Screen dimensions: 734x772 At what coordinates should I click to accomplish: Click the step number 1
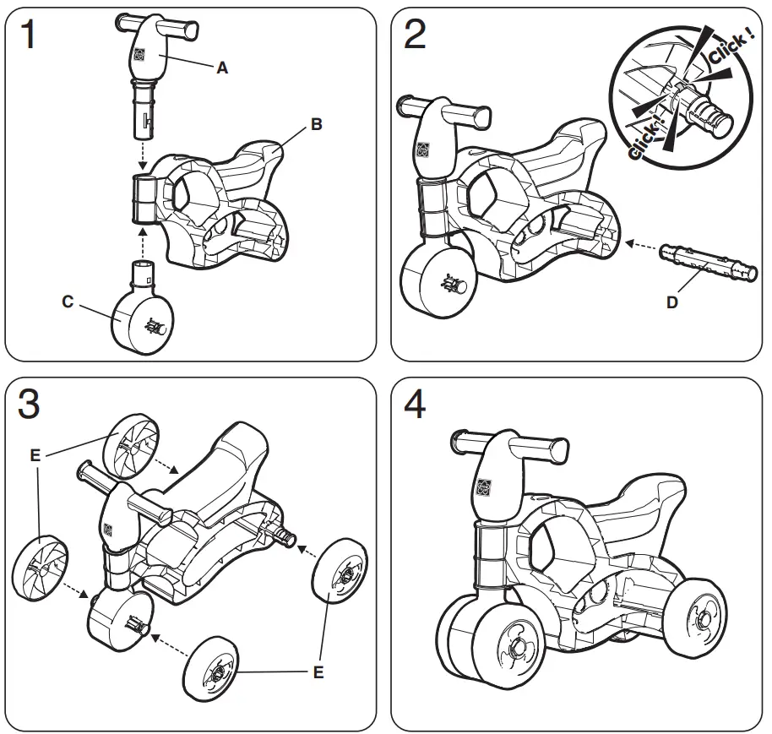(29, 35)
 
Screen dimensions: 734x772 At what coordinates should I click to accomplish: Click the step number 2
(414, 35)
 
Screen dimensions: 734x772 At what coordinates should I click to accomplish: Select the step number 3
(29, 405)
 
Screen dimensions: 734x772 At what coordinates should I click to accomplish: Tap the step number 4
(415, 405)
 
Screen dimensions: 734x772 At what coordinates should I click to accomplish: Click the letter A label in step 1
(222, 69)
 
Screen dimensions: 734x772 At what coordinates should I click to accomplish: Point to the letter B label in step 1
(316, 124)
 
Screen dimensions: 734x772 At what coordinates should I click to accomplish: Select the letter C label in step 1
(68, 302)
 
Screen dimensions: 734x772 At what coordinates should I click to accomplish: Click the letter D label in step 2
(671, 302)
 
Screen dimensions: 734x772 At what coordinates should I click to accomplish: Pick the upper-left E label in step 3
(35, 455)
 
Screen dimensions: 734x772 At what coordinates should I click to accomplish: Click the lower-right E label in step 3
(318, 672)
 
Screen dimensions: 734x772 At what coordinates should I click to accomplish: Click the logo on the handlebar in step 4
(484, 488)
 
